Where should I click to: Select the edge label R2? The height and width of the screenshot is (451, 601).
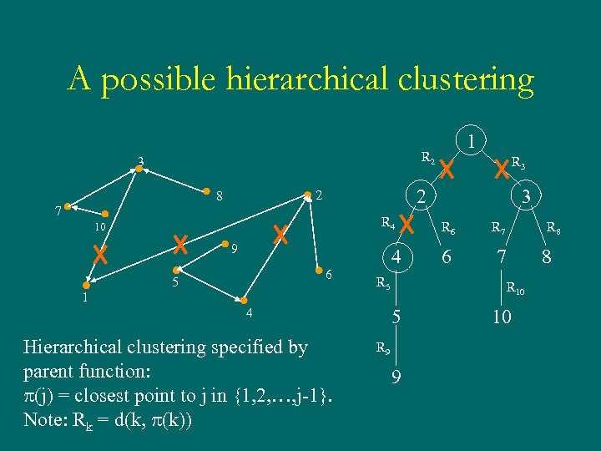[x=427, y=157]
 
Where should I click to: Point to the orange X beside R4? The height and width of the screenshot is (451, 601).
[x=407, y=224]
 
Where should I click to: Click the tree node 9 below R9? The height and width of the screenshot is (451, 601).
[x=396, y=377]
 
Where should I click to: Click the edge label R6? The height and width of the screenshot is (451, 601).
[x=447, y=226]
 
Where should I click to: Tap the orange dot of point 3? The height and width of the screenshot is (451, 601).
[x=139, y=170]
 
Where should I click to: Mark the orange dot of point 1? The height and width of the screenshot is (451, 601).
[x=86, y=285]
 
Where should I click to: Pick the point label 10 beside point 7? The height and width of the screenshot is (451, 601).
[x=99, y=227]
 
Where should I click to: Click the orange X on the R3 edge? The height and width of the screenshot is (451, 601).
[x=502, y=170]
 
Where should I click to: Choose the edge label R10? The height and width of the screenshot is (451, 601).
[x=516, y=290]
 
